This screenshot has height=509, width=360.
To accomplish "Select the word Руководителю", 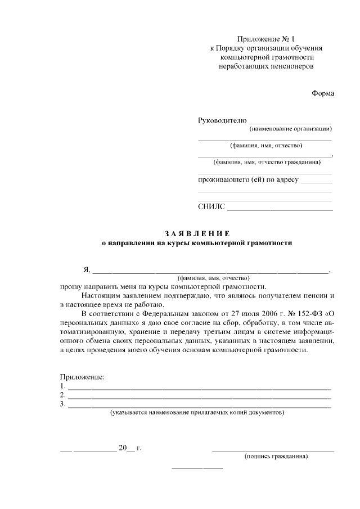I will [222, 120].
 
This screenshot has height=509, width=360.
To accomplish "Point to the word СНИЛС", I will [211, 206].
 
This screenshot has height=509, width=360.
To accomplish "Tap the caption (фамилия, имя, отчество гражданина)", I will [267, 163].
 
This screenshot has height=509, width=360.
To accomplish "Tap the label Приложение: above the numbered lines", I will [82, 376].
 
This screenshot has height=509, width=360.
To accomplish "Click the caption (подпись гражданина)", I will [276, 457].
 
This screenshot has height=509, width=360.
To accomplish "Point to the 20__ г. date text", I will [130, 448].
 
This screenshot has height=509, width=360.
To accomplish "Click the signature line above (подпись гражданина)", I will [272, 451].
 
